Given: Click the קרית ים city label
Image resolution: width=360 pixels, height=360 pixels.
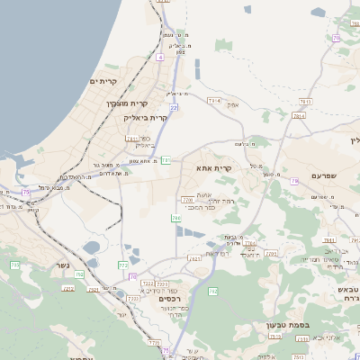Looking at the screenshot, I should click(x=104, y=82).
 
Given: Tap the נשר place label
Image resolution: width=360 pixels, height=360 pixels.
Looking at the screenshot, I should click(x=62, y=265).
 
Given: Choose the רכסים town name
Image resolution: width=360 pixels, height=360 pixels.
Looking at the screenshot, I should click(x=167, y=299).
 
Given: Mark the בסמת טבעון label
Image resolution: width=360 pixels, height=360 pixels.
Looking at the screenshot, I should click(x=289, y=324).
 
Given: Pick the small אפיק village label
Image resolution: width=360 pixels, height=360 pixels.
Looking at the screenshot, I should click(x=233, y=105).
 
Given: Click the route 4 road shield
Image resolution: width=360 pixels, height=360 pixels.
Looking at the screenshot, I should click(x=160, y=57).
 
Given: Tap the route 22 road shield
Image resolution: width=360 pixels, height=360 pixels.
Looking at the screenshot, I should click(x=174, y=107).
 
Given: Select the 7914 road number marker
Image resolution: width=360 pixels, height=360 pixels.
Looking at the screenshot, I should click(x=214, y=101).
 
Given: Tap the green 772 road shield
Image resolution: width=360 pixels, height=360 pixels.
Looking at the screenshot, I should click(x=122, y=265).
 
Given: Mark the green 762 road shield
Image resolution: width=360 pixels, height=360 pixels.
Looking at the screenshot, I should click(x=213, y=292).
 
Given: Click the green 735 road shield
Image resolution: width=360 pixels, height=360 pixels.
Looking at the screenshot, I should click(x=15, y=265).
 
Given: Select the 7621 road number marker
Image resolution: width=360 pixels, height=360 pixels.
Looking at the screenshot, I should click(x=195, y=259).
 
